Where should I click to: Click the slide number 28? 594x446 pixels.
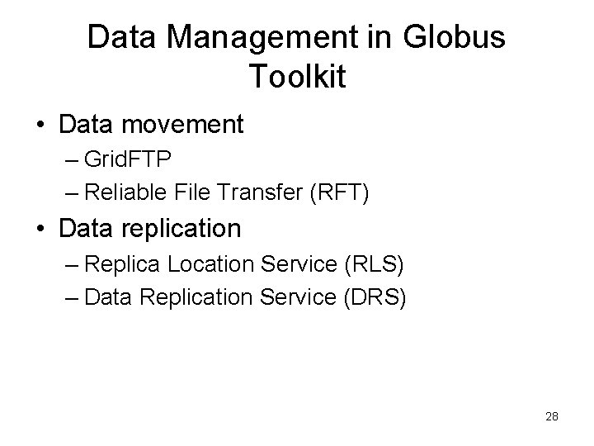tap(552, 416)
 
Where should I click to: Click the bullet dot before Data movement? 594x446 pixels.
tap(40, 125)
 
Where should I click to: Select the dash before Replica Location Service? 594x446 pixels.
tap(71, 266)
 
